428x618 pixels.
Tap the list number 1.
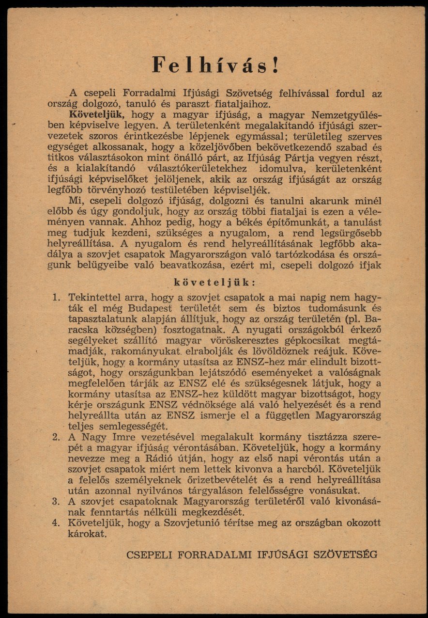pos(56,297)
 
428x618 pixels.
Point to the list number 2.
pos(56,437)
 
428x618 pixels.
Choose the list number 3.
pos(56,501)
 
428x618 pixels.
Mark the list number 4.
pos(56,523)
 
